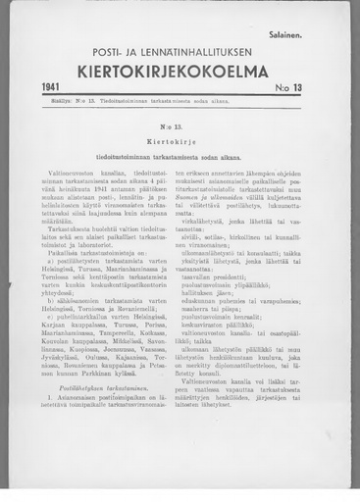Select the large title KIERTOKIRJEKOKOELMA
(x=180, y=71)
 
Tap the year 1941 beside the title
(x=54, y=87)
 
